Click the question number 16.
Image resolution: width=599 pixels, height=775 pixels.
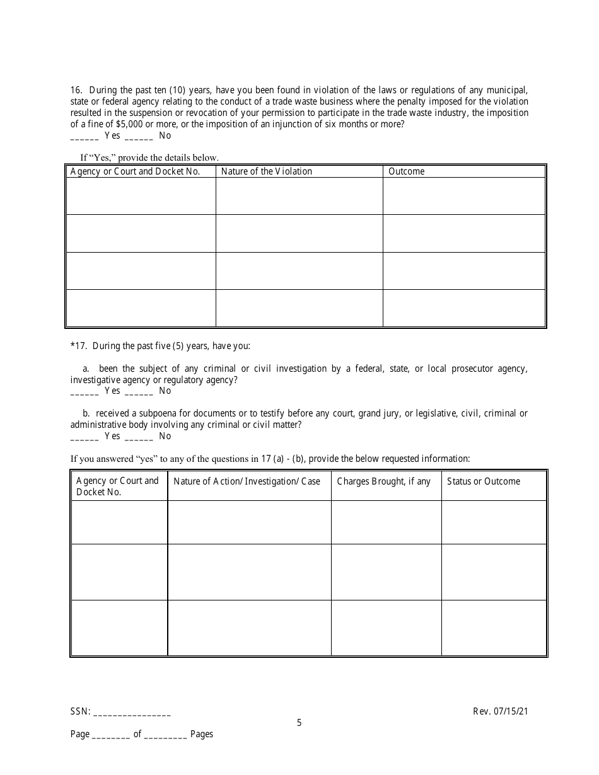(75, 90)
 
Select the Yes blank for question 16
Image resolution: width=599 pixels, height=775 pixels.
(84, 135)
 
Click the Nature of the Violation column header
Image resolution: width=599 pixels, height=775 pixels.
(267, 171)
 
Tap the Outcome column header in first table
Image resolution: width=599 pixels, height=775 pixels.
(407, 171)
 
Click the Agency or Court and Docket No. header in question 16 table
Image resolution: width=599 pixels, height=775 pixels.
(135, 171)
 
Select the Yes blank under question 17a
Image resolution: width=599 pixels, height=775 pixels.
(84, 391)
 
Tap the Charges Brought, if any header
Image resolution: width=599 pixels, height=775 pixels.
(384, 481)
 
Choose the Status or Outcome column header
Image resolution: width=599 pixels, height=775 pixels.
(484, 481)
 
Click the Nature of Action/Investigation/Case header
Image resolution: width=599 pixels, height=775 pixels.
(247, 481)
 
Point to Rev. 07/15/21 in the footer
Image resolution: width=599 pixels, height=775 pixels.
(500, 711)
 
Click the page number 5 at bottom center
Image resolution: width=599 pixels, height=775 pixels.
(299, 723)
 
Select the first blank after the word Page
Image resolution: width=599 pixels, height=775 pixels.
(111, 735)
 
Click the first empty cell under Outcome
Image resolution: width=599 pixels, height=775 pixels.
(463, 196)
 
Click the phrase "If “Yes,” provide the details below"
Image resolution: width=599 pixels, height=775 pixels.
(149, 158)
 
